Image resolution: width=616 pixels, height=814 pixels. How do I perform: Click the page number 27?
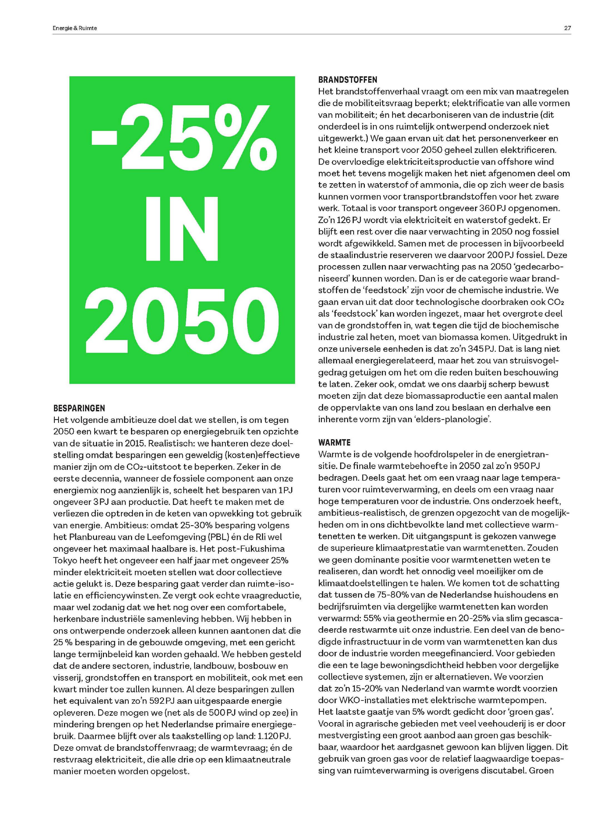(x=567, y=28)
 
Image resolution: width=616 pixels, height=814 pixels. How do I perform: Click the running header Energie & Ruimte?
(x=75, y=28)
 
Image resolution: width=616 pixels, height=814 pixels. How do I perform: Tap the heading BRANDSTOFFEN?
(x=347, y=80)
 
